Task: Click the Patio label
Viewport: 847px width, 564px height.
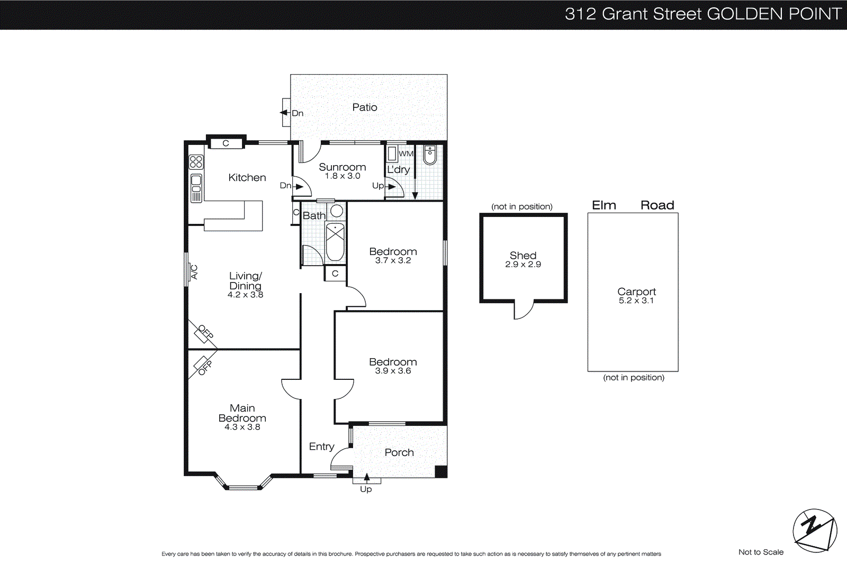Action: pos(365,107)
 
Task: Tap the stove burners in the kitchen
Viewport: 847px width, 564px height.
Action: pos(196,162)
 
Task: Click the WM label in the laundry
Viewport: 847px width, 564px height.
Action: pos(406,154)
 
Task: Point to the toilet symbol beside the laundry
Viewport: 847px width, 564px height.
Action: pos(429,155)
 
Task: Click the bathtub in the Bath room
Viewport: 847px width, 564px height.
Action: pos(335,242)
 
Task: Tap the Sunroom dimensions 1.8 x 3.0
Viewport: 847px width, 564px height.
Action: pos(343,176)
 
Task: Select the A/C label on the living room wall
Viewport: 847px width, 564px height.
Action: pos(194,272)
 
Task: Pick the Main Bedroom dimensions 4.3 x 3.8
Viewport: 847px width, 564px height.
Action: pos(242,427)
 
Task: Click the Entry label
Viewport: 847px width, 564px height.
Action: pos(321,447)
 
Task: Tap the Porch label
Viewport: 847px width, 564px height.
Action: pos(399,452)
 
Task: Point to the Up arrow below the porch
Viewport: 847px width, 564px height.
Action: pos(367,478)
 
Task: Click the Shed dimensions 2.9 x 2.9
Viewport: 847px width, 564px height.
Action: pos(523,265)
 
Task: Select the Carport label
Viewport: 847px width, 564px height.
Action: pos(636,292)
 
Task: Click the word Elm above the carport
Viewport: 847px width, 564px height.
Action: pos(603,205)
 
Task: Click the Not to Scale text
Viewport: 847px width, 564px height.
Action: pos(761,552)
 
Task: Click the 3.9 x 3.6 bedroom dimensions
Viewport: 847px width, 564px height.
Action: pos(393,371)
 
